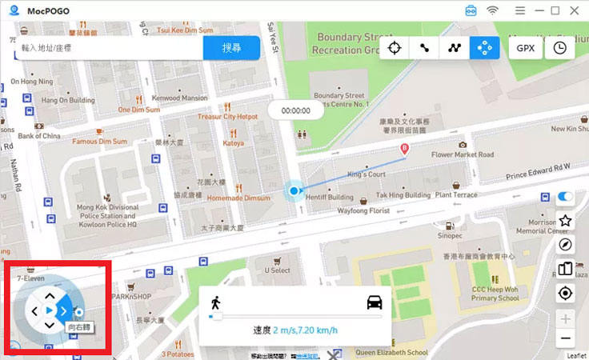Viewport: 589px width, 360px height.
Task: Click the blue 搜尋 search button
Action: pyautogui.click(x=230, y=48)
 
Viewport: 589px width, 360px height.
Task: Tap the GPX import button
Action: pyautogui.click(x=525, y=48)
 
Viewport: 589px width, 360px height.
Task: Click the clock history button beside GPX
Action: pyautogui.click(x=559, y=48)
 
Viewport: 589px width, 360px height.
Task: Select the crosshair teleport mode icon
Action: pyautogui.click(x=394, y=48)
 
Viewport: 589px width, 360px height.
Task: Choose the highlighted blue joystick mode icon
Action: pyautogui.click(x=484, y=48)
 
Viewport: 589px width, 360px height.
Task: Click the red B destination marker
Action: pyautogui.click(x=404, y=149)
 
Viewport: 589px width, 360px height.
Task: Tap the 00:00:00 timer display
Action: pyautogui.click(x=295, y=110)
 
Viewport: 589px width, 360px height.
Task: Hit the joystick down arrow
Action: pyautogui.click(x=50, y=325)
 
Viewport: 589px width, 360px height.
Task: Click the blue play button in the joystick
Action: pyautogui.click(x=50, y=310)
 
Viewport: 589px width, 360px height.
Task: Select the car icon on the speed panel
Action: pyautogui.click(x=374, y=302)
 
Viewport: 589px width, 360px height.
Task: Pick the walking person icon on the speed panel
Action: pyautogui.click(x=215, y=302)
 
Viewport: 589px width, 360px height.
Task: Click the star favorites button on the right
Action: pyautogui.click(x=565, y=220)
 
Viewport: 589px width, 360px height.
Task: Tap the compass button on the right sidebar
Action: pyautogui.click(x=565, y=245)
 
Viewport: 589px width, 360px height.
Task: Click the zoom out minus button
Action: pyautogui.click(x=565, y=338)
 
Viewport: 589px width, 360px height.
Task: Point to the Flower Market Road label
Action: pyautogui.click(x=463, y=154)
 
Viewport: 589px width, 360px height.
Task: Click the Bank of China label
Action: pyautogui.click(x=39, y=136)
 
